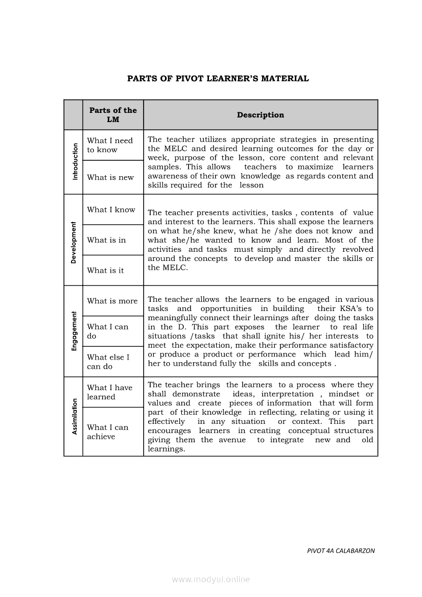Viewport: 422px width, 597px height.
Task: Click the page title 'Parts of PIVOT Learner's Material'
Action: (x=218, y=79)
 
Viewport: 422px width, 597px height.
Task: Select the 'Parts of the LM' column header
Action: (x=113, y=115)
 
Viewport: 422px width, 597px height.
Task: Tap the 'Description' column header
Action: (x=260, y=115)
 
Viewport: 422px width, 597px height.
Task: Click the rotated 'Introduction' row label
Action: (x=75, y=161)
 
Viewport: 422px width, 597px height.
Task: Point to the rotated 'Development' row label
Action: (x=74, y=242)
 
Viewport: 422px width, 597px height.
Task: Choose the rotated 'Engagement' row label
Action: (x=74, y=331)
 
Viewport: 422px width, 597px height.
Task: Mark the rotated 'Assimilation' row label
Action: (x=75, y=416)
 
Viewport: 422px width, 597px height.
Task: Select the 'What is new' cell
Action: (x=110, y=177)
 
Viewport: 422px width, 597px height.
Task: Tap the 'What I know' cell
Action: (x=111, y=209)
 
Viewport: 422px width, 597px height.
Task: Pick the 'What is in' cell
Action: (x=106, y=240)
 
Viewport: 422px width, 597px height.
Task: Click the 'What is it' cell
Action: (x=105, y=270)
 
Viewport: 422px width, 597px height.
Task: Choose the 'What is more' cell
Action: (x=112, y=301)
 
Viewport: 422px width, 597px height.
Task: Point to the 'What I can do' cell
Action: (x=107, y=331)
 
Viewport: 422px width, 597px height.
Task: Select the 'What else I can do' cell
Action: (x=108, y=362)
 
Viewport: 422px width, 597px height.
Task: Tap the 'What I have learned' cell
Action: (x=109, y=392)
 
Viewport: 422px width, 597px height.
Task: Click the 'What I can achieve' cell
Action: (x=107, y=432)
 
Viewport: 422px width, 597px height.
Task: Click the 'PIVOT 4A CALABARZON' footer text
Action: (x=341, y=551)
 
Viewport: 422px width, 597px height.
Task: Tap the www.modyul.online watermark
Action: (x=211, y=579)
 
